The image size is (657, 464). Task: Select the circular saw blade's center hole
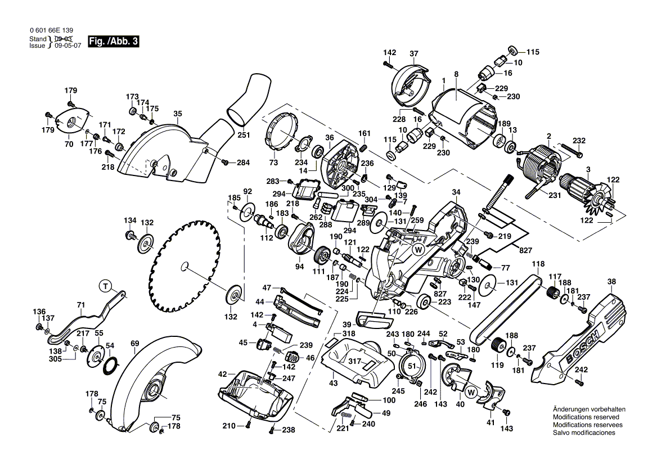pyautogui.click(x=185, y=264)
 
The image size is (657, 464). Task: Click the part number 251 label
pyautogui.click(x=244, y=135)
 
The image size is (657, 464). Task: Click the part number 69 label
pyautogui.click(x=134, y=343)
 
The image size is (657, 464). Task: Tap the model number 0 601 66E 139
pyautogui.click(x=50, y=31)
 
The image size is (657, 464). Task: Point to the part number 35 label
pyautogui.click(x=177, y=114)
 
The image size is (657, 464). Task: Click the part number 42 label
pyautogui.click(x=223, y=374)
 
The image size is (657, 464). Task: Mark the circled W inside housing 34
pyautogui.click(x=418, y=249)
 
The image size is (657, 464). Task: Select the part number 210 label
pyautogui.click(x=228, y=426)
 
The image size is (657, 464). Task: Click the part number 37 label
pyautogui.click(x=414, y=54)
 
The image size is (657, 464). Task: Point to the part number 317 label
pyautogui.click(x=354, y=362)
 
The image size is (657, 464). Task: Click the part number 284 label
pyautogui.click(x=242, y=163)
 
